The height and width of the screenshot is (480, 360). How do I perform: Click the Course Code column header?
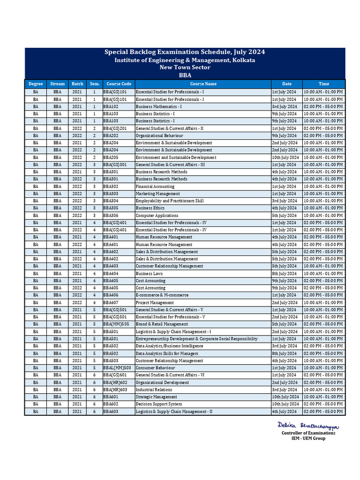point(119,84)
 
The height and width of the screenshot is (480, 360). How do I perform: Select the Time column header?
point(323,84)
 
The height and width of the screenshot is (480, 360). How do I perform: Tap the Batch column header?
point(77,84)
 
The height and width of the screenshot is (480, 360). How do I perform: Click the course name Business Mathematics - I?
point(159,106)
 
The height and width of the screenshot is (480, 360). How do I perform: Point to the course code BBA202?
point(111,135)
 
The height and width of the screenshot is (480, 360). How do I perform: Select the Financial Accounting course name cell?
point(155,186)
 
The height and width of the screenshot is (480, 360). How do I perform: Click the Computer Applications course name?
point(157,215)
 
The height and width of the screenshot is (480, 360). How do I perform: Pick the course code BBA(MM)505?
point(115,324)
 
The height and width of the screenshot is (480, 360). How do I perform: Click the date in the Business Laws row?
point(284,273)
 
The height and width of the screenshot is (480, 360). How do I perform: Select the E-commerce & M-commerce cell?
point(162,295)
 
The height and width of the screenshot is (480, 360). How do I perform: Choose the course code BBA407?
point(111,302)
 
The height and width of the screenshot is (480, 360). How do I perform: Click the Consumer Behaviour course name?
point(156,367)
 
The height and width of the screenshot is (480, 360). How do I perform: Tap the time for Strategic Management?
point(323,397)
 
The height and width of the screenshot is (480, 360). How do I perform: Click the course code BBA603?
point(111,411)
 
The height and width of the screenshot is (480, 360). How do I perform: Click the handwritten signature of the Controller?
point(308,425)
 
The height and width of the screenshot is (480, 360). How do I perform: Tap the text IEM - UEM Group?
point(308,438)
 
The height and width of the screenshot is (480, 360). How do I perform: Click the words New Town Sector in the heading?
point(185,67)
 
